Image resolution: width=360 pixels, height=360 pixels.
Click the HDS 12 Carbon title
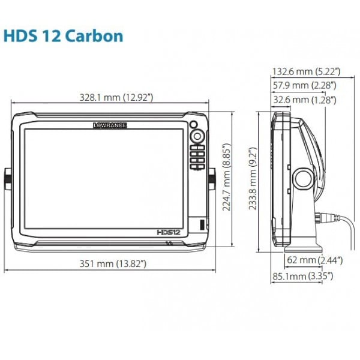tap(64, 36)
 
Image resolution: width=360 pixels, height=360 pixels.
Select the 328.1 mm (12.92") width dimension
tap(116, 97)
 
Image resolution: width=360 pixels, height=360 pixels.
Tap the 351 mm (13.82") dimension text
tap(113, 263)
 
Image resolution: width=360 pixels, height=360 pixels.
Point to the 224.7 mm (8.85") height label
tap(226, 177)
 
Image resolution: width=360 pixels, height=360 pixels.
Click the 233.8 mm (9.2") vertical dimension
tap(253, 178)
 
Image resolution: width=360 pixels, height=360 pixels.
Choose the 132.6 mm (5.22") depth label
tap(306, 71)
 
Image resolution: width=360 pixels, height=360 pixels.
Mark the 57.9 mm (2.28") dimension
tap(304, 85)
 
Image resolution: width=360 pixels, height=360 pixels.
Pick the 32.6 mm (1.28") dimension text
tap(305, 100)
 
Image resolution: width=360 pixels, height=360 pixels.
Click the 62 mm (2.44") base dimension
tap(315, 260)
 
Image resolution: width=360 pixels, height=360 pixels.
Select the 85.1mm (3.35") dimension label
tap(302, 276)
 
